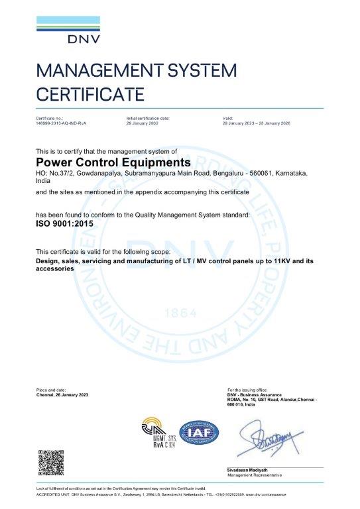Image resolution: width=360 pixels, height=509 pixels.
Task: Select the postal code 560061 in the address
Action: coord(250,172)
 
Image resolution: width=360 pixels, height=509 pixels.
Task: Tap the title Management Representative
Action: coord(255,475)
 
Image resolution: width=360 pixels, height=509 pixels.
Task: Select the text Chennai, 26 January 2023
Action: coord(62,394)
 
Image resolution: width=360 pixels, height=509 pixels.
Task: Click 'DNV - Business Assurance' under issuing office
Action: coord(255,394)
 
